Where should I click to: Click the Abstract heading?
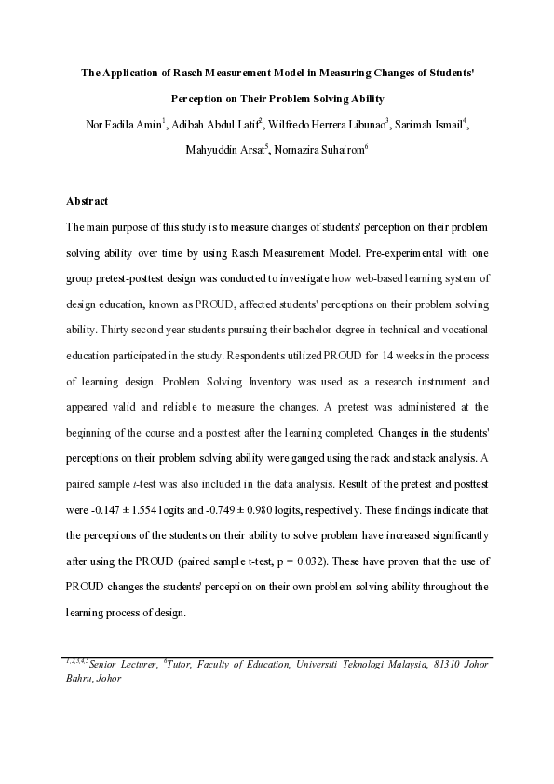(x=88, y=201)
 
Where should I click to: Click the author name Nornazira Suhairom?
(x=313, y=147)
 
